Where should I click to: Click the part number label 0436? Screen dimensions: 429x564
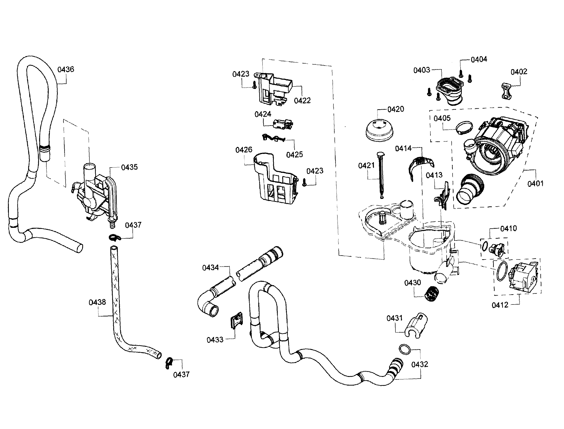coord(66,69)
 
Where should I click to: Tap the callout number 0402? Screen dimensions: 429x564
coord(519,72)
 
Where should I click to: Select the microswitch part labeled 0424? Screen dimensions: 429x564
coord(283,124)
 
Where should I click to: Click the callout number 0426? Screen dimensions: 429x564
coord(244,150)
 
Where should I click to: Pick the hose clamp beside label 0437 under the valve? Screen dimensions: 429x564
coord(114,238)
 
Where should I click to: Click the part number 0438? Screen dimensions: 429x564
coord(97,302)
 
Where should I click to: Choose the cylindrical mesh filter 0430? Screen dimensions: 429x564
coord(431,294)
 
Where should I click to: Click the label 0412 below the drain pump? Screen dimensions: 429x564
coord(500,305)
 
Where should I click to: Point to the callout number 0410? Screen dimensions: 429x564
coord(508,228)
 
